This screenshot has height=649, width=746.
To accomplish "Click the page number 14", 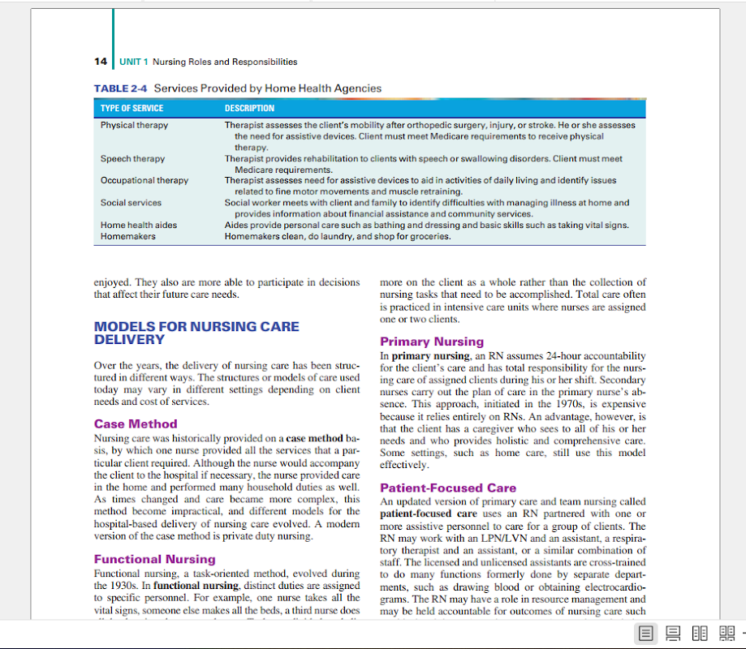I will point(101,62).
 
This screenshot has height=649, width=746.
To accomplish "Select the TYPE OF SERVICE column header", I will point(132,108).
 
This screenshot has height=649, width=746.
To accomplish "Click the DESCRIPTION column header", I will point(249,108).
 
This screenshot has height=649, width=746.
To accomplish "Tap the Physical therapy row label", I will point(134,126).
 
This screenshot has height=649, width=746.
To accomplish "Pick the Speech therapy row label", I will point(132,159).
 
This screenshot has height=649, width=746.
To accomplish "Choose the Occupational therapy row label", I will point(144,180).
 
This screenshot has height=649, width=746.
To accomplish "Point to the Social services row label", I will point(131,203).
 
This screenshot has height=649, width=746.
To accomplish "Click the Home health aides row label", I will point(138,226).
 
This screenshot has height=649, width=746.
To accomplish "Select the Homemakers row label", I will point(128,237).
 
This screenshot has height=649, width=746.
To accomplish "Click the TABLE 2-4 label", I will point(121,88).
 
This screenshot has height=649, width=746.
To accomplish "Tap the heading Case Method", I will point(136,423).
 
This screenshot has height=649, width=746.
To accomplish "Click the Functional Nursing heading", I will point(154,559).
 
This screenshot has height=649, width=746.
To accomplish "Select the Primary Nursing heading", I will point(431,342).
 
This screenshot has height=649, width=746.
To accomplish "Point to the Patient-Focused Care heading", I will point(447,488).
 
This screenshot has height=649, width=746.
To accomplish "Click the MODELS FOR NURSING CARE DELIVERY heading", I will point(196,333).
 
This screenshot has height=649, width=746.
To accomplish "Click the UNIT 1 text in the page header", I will point(134,62).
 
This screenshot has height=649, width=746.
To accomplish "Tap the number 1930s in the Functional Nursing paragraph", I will point(111,586).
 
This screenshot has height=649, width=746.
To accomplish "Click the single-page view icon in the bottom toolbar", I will point(646,634).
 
